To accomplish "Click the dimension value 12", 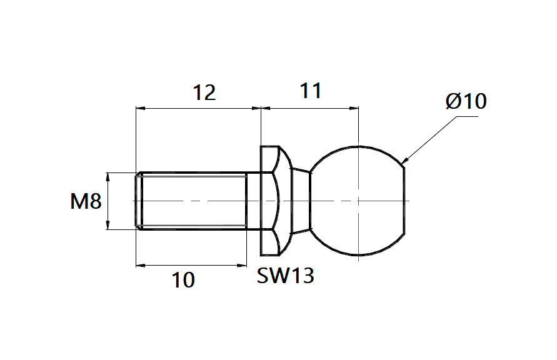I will click(204, 92).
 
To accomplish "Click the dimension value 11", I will click(310, 91).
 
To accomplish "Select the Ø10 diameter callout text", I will click(466, 101).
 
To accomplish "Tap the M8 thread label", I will click(86, 201).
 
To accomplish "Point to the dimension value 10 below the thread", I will click(183, 281).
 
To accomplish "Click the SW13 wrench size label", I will click(285, 276).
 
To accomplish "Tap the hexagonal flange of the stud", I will click(269, 201).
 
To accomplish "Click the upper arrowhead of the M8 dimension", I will click(108, 176).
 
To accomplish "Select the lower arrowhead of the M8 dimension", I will click(108, 226).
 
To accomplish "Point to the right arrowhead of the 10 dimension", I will click(244, 266).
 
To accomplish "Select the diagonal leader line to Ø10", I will click(431, 137).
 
